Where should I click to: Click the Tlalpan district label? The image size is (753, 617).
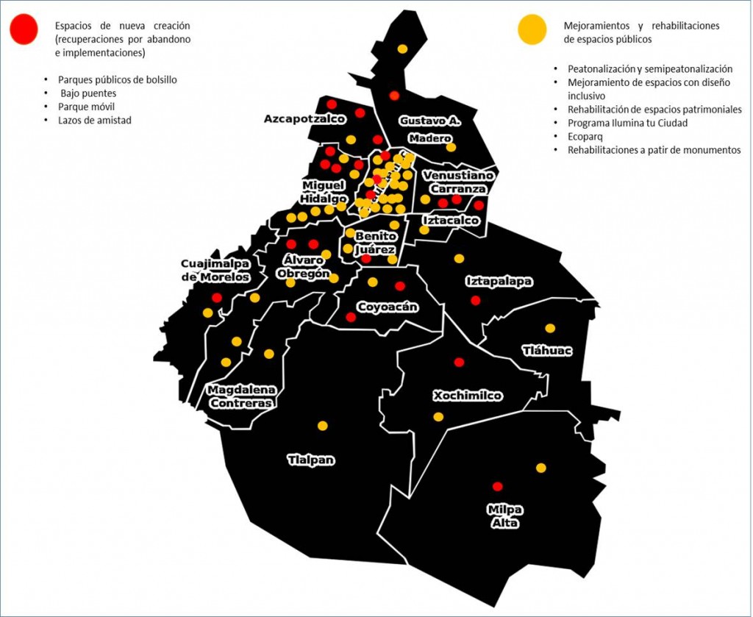pos(311,460)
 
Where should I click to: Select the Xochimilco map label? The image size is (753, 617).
pos(468,396)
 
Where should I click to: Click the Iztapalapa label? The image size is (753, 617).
pos(499,281)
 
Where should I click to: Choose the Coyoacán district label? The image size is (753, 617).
pos(388,307)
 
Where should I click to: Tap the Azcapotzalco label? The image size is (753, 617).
pos(304,119)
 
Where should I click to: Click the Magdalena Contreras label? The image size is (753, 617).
pos(241,396)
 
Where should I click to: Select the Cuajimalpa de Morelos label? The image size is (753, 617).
pos(215,271)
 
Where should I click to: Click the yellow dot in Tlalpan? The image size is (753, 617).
pos(322,425)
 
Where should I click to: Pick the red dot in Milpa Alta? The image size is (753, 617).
pos(497,486)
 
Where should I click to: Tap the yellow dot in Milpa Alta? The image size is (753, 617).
pos(541,468)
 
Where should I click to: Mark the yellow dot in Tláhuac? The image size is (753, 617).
pos(550,328)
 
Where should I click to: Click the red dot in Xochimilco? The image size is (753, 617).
pos(460,362)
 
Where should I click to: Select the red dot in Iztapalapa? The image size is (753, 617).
pos(475,300)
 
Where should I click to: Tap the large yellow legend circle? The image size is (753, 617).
pos(532,30)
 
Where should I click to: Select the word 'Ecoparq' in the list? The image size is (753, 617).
pos(585,136)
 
